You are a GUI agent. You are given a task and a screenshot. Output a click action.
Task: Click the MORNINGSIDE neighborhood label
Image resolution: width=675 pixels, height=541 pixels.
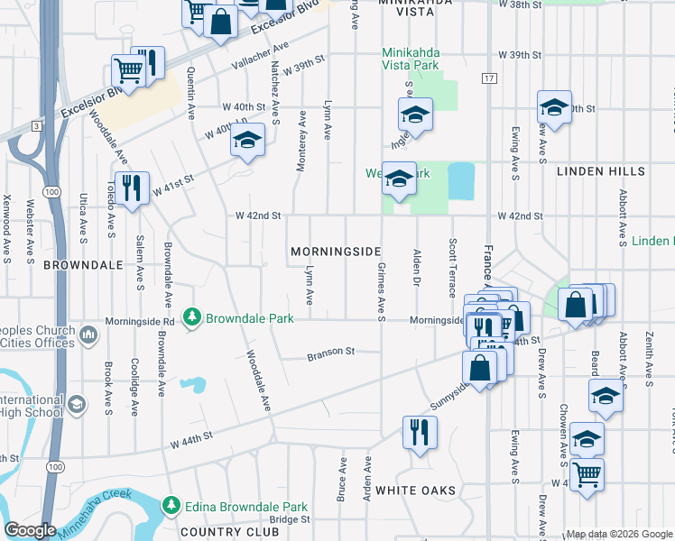334,251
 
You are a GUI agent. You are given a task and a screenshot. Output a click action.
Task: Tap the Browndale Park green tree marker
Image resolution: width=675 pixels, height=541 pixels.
191,318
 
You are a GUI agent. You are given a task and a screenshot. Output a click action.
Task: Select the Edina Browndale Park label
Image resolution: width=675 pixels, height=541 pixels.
245,506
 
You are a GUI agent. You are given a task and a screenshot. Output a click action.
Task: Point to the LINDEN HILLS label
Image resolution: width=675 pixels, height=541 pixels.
600,171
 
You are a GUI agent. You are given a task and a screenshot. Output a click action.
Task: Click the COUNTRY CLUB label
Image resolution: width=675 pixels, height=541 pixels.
225,532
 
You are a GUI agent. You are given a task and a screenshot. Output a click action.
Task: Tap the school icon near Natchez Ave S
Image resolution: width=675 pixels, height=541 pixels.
247,140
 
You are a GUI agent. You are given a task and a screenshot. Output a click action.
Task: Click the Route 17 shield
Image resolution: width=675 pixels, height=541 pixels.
489,79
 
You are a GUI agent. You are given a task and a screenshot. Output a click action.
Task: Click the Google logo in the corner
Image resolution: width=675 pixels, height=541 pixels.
30,530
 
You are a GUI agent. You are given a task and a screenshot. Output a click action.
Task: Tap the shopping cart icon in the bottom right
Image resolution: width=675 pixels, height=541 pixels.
587,472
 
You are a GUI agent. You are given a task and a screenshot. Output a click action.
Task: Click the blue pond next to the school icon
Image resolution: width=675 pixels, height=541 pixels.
460,182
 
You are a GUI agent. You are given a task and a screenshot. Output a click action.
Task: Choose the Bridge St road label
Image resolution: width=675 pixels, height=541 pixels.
289,519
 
